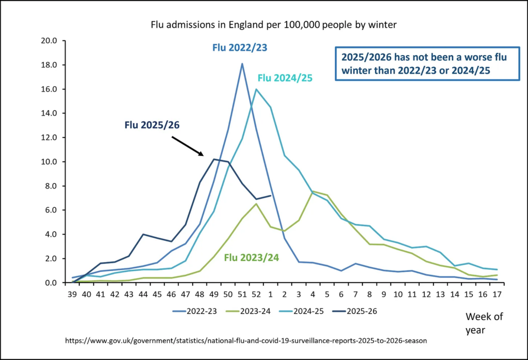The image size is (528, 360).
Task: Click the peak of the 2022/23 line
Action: [242, 63]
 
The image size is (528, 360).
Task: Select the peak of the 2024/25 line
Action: [256, 89]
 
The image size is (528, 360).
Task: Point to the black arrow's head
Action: [203, 154]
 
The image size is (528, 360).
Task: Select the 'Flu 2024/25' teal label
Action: [285, 78]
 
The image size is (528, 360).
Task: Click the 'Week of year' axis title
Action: [484, 322]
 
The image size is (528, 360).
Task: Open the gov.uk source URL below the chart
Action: [246, 341]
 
